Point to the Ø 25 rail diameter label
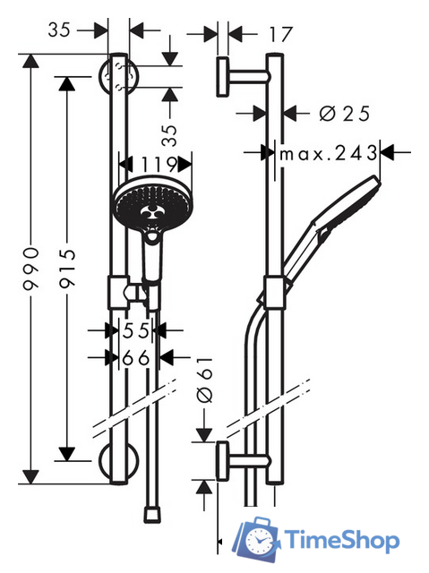point(344,114)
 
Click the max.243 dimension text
point(328,153)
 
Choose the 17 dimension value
point(281,34)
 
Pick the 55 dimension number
point(136,330)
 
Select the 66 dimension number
point(136,358)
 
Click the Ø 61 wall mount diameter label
point(204,380)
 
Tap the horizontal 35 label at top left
point(59,30)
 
